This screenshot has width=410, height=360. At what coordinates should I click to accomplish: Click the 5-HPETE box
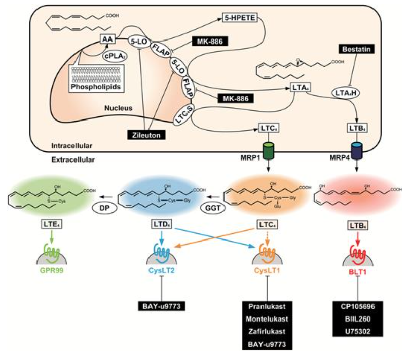pos(240,18)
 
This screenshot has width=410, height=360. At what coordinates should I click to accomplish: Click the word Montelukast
pos(267,319)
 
